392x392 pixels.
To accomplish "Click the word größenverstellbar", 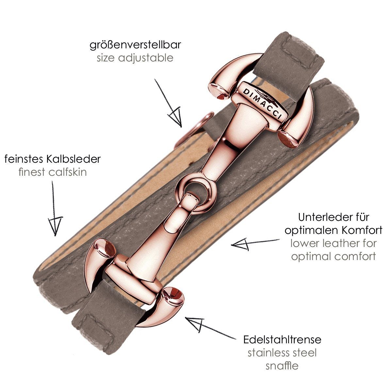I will [135, 45].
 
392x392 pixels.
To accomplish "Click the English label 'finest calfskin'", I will [53, 172].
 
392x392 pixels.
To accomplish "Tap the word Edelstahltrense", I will [282, 339].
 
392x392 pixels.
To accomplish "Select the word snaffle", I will [282, 365].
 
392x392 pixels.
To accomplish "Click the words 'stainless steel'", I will [282, 352].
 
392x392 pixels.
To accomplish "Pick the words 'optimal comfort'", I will [333, 256].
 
